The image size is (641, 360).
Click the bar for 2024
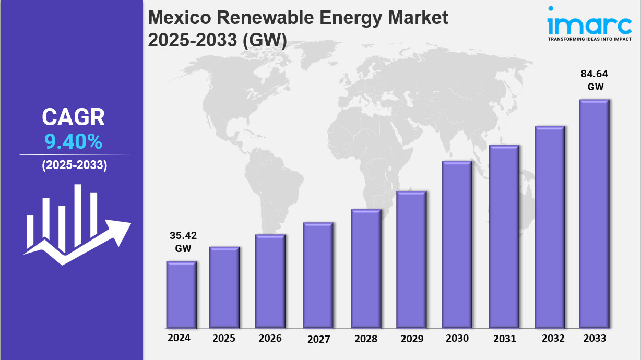pyautogui.click(x=181, y=295)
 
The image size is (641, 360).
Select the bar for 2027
pyautogui.click(x=318, y=275)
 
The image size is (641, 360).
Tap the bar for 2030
pyautogui.click(x=457, y=244)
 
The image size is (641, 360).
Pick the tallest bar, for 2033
pyautogui.click(x=595, y=214)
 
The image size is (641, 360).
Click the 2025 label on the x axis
pyautogui.click(x=224, y=338)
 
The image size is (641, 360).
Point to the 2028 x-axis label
pyautogui.click(x=365, y=339)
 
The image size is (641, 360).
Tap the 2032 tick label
pyautogui.click(x=553, y=338)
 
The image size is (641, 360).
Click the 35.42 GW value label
pyautogui.click(x=183, y=242)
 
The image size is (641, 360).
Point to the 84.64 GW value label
pyautogui.click(x=595, y=80)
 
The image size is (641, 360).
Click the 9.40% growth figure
pyautogui.click(x=73, y=141)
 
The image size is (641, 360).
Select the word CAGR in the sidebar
pyautogui.click(x=73, y=117)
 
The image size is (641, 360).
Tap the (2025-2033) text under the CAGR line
pyautogui.click(x=74, y=165)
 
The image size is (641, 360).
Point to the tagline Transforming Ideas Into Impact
pyautogui.click(x=588, y=39)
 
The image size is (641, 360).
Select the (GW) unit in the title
pyautogui.click(x=265, y=40)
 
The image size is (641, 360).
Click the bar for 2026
pyautogui.click(x=270, y=281)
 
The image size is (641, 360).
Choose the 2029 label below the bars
pyautogui.click(x=412, y=339)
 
